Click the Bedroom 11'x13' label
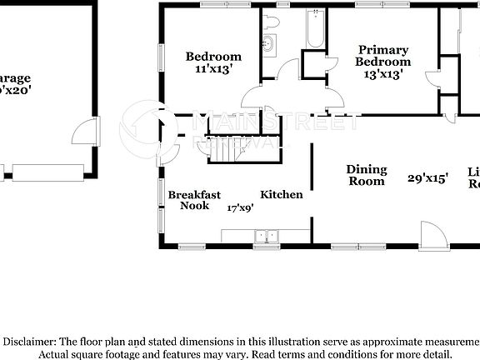[213, 63]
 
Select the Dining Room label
[366, 175]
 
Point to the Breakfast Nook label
[194, 200]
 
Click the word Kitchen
[282, 195]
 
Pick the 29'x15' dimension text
[428, 177]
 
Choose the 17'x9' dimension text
[241, 207]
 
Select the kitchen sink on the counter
[266, 236]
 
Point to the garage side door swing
[83, 133]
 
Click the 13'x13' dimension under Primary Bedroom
[382, 74]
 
